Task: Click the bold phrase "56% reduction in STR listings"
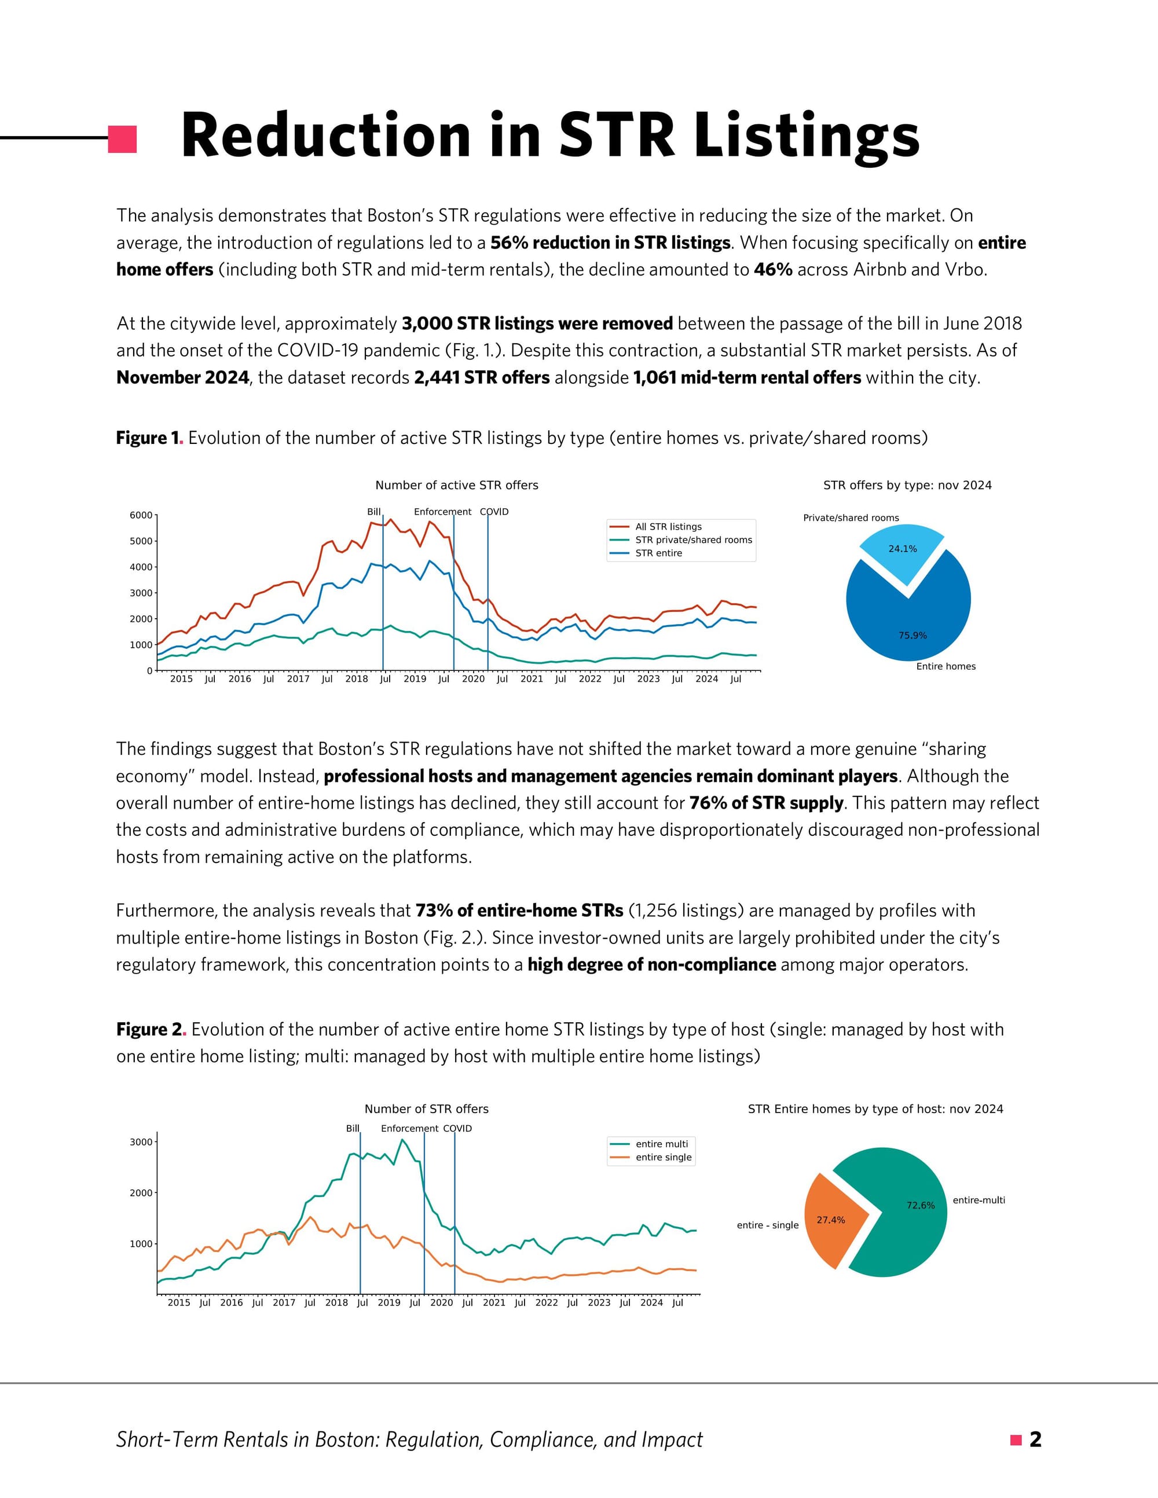point(610,243)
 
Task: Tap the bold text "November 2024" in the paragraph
point(182,378)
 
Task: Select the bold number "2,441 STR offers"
point(482,378)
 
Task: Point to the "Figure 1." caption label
point(148,438)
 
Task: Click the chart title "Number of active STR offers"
point(456,486)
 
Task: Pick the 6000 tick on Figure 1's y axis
point(141,515)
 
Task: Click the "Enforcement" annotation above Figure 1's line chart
point(442,512)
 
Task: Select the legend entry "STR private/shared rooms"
point(693,540)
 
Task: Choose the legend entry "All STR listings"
point(668,527)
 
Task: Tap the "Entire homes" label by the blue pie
point(946,667)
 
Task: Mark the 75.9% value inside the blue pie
point(913,636)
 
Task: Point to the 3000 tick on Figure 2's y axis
point(141,1142)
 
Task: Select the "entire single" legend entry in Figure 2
point(663,1157)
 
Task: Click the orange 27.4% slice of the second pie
point(831,1220)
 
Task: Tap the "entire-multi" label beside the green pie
point(979,1200)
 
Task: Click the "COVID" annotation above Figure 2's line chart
point(457,1128)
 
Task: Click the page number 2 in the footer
point(1035,1440)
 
